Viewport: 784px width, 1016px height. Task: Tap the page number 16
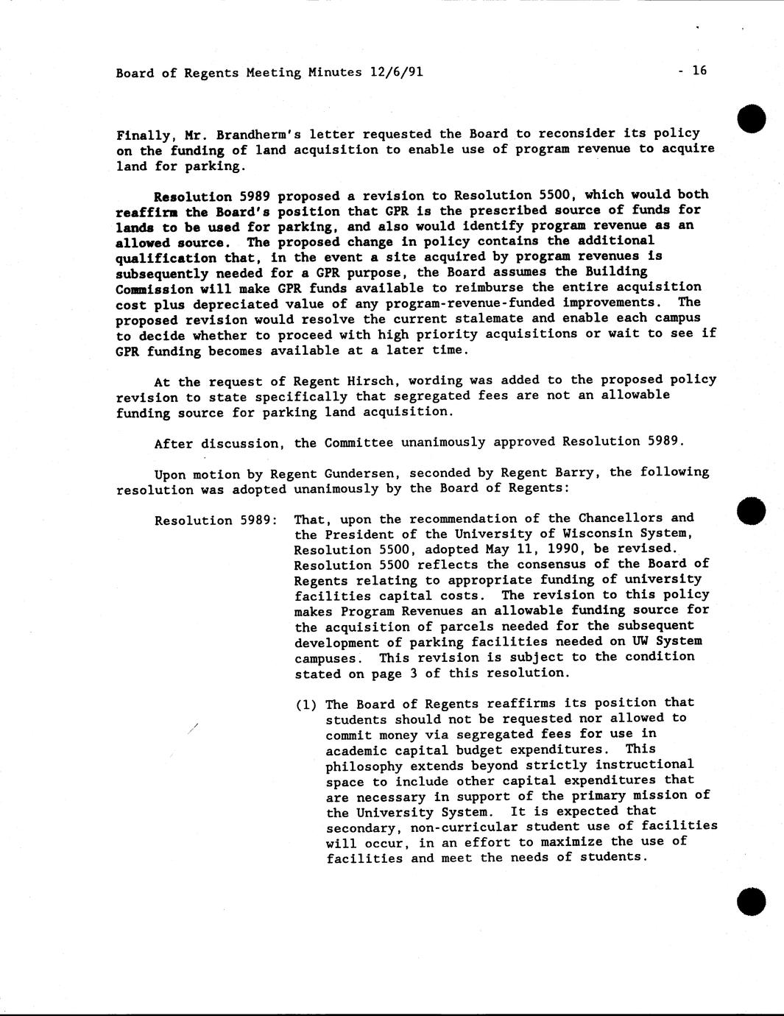coord(699,71)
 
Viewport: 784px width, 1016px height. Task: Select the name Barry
coord(574,473)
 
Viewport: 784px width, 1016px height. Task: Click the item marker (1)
coord(306,705)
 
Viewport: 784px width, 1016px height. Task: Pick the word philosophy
coord(364,766)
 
